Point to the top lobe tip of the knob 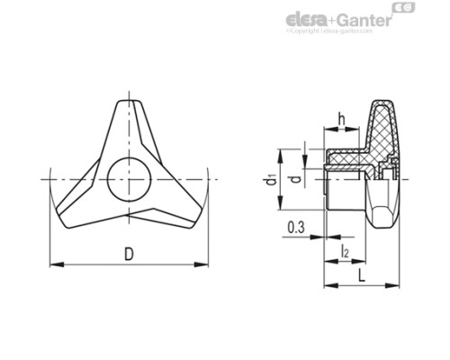(130, 102)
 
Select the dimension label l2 (346, 251)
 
